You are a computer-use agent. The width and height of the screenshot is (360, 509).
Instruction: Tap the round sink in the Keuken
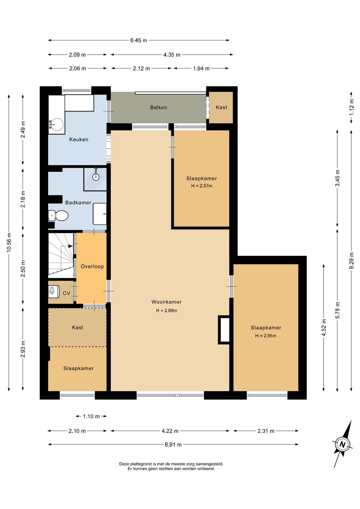[x=56, y=124]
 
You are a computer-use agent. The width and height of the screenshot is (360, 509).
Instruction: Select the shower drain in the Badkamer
[x=96, y=176]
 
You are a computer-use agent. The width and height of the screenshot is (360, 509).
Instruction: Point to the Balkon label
[x=159, y=107]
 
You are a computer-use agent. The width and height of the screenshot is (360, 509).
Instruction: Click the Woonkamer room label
[x=166, y=302]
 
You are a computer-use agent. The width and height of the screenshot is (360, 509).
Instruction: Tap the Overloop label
[x=92, y=266]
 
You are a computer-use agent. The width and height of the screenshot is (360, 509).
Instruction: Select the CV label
[x=67, y=293]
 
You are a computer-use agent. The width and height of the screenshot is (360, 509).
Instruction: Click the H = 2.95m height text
[x=266, y=336]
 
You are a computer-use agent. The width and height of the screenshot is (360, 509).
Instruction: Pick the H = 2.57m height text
[x=202, y=186]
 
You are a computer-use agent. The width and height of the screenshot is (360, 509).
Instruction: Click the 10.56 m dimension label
[x=9, y=242]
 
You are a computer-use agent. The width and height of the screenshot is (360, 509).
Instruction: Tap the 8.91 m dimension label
[x=173, y=445]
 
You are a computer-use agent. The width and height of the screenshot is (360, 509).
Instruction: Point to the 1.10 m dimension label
[x=91, y=416]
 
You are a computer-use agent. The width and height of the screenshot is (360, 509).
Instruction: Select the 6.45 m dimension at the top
[x=139, y=40]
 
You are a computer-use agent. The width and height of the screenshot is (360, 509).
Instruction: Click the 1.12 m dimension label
[x=352, y=107]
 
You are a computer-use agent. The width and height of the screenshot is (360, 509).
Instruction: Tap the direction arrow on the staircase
[x=70, y=246]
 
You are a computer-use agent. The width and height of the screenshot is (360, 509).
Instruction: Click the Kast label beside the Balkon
[x=221, y=107]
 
